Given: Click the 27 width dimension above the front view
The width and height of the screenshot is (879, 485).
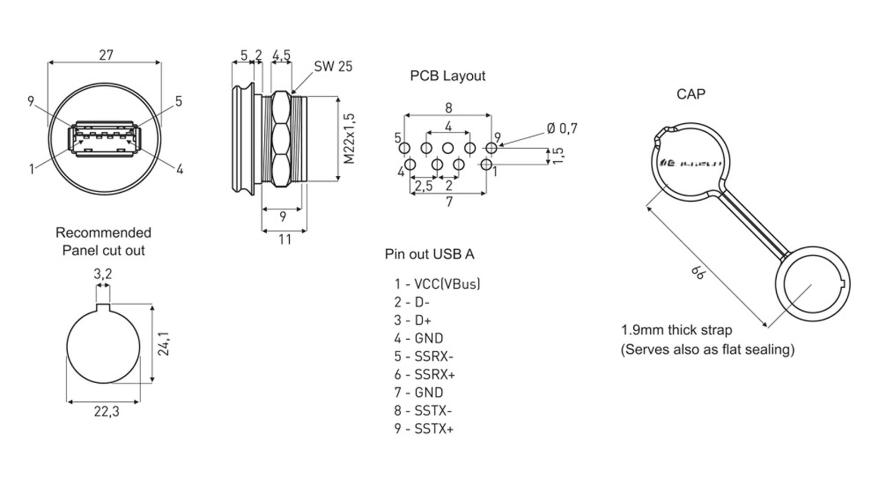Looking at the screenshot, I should [x=106, y=55].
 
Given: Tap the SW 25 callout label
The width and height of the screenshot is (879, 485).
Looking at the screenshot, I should [x=333, y=66].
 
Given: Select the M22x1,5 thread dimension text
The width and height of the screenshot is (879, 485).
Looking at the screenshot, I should [x=349, y=139].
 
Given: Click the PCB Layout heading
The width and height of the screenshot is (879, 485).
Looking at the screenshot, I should [x=448, y=76].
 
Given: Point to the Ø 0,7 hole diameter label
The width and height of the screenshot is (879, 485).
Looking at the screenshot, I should [x=562, y=129].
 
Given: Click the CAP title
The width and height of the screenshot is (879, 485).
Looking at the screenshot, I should [x=691, y=94].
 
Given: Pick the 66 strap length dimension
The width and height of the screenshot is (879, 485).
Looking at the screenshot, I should [x=698, y=272].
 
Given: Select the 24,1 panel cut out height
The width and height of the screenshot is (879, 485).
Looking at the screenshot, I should [x=164, y=344].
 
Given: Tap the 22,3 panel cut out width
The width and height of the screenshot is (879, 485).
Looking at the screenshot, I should [x=107, y=411].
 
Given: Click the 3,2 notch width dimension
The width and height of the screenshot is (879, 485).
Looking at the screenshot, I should [x=103, y=273].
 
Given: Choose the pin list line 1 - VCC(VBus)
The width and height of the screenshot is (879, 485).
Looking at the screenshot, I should [x=437, y=284].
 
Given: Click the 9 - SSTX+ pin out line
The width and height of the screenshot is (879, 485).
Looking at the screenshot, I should [x=424, y=429].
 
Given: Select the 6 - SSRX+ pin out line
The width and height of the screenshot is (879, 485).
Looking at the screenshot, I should [x=424, y=374].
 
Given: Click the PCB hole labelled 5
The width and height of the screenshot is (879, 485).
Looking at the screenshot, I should [x=405, y=148].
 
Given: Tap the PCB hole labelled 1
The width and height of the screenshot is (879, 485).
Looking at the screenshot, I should [x=486, y=165].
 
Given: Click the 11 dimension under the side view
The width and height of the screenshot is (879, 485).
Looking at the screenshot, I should [x=285, y=240].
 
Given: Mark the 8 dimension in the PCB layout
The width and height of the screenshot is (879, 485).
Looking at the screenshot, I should [x=448, y=108].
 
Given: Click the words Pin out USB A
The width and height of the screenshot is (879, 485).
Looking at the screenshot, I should [x=429, y=254].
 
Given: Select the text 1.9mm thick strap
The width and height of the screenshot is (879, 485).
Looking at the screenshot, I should [x=676, y=330].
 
